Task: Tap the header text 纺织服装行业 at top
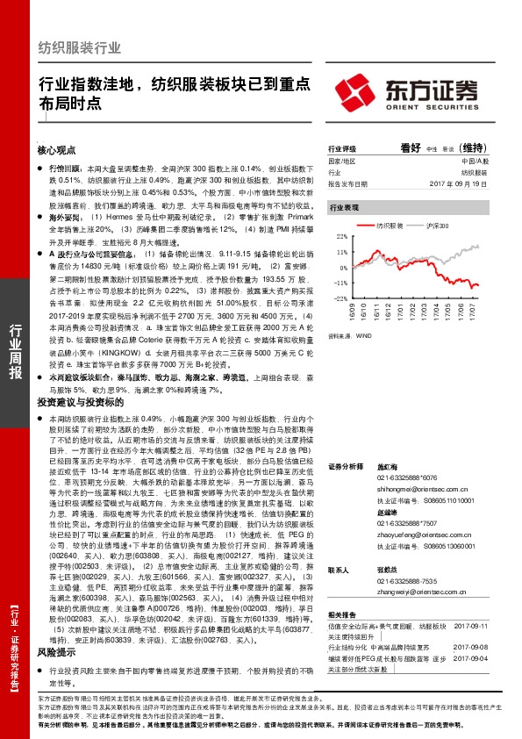click(x=78, y=47)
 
